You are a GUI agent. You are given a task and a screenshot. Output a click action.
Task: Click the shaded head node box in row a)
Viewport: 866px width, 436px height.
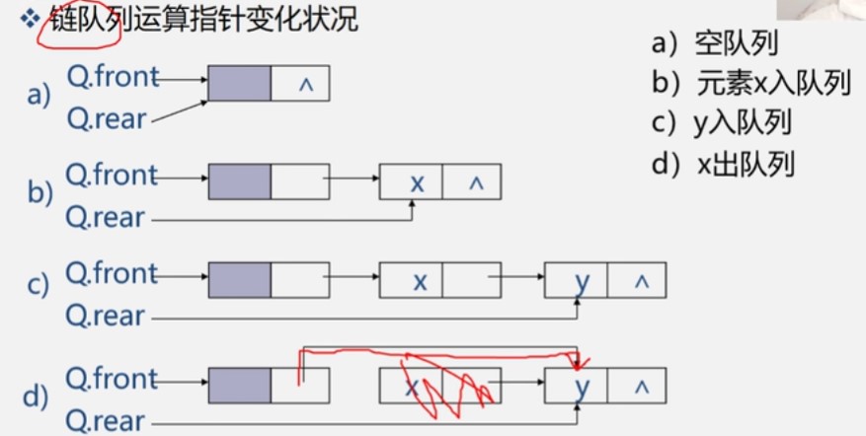pyautogui.click(x=240, y=83)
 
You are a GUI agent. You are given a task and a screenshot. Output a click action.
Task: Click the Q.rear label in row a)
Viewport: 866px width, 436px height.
pyautogui.click(x=107, y=118)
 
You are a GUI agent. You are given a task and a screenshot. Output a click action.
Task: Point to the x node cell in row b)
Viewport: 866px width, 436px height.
pyautogui.click(x=411, y=182)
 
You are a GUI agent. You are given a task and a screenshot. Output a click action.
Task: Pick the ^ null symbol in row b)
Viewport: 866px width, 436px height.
pyautogui.click(x=476, y=183)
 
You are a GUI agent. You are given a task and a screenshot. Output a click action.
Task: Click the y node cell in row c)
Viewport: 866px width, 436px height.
pyautogui.click(x=576, y=280)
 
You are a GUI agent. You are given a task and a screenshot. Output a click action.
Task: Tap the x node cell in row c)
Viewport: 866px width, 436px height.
pyautogui.click(x=411, y=280)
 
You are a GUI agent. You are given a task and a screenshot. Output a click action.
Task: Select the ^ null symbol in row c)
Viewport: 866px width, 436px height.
pyautogui.click(x=641, y=282)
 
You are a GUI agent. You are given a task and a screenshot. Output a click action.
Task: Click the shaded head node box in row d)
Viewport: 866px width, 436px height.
pyautogui.click(x=240, y=386)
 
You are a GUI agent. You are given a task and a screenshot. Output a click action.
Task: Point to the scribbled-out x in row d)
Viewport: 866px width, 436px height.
pyautogui.click(x=411, y=387)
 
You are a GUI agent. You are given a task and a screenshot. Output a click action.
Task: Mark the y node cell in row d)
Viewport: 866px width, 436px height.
pyautogui.click(x=576, y=386)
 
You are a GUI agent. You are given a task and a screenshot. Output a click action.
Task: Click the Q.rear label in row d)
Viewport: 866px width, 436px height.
pyautogui.click(x=106, y=421)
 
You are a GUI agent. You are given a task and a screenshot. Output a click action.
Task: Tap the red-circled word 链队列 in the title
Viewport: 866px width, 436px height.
pyautogui.click(x=86, y=22)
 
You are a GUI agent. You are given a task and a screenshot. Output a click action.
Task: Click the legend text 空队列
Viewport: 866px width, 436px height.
pyautogui.click(x=737, y=43)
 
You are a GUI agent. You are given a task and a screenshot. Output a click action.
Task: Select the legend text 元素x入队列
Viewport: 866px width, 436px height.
pyautogui.click(x=773, y=85)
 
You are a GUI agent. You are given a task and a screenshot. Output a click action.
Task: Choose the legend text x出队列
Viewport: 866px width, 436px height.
pyautogui.click(x=746, y=165)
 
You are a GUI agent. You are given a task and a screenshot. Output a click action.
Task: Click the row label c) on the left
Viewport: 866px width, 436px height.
pyautogui.click(x=39, y=285)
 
